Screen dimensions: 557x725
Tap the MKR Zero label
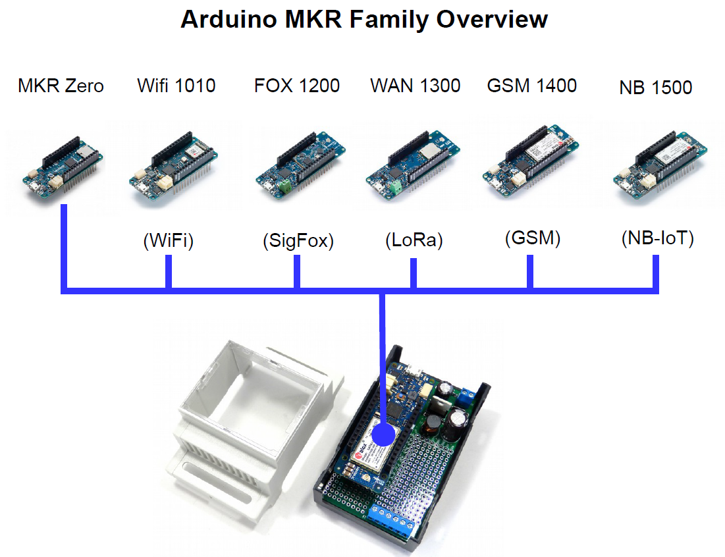61,86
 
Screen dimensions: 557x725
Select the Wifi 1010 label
176,86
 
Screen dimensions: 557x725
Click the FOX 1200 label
297,86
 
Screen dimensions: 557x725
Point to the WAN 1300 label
415,86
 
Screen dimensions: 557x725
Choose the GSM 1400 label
532,86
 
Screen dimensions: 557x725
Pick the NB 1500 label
656,88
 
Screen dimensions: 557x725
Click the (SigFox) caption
298,242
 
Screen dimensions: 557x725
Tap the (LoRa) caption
414,241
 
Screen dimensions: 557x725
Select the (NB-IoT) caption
657,239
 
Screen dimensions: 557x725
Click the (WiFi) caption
169,242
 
